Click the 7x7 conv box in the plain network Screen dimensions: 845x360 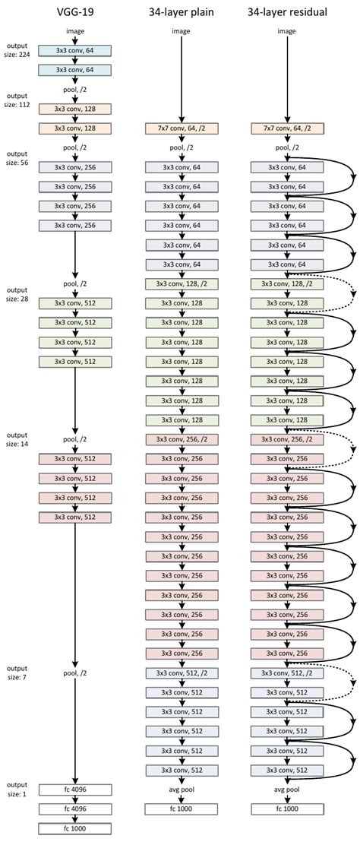click(182, 129)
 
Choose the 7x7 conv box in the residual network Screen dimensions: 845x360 click(287, 129)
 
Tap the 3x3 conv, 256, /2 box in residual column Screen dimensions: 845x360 click(287, 439)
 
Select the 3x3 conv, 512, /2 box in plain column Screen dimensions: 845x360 click(182, 673)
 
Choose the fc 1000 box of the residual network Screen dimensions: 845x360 click(287, 809)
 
